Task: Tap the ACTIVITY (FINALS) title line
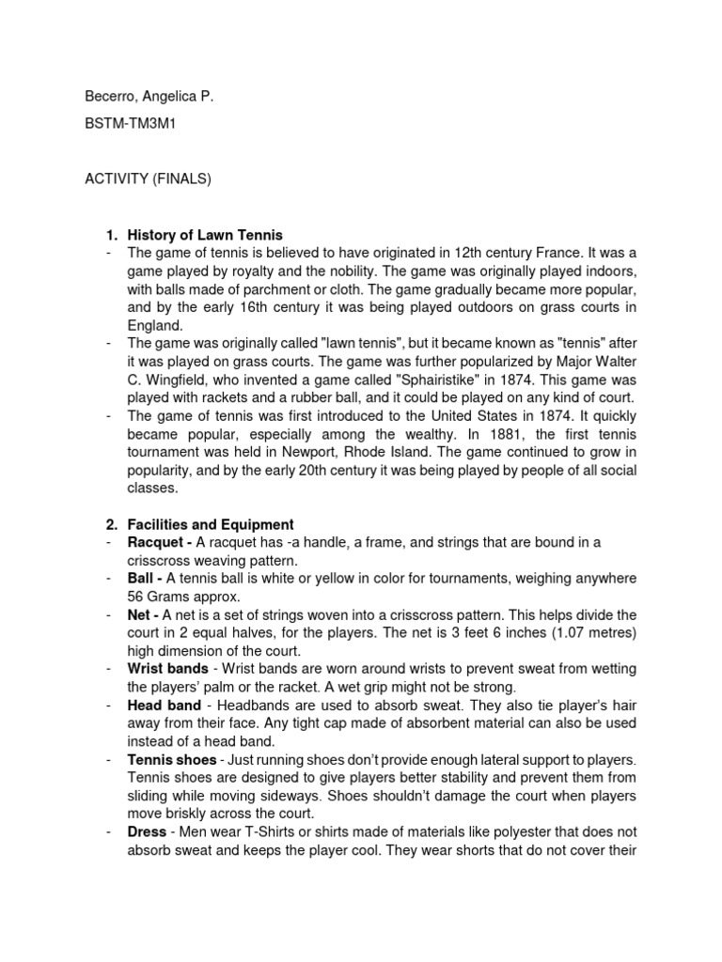coord(148,178)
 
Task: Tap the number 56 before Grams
coord(136,596)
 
